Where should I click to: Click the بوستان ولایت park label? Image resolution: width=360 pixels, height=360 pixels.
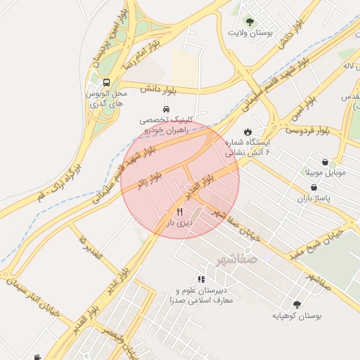pyautogui.click(x=250, y=33)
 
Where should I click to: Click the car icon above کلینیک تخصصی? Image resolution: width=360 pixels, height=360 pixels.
pyautogui.click(x=165, y=110)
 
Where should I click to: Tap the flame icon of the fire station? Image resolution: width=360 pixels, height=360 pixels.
pyautogui.click(x=247, y=131)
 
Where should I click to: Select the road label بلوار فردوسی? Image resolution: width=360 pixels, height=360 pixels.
pyautogui.click(x=308, y=130)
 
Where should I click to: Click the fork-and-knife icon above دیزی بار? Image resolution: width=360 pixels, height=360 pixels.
pyautogui.click(x=180, y=212)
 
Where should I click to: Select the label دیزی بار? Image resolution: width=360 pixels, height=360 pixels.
pyautogui.click(x=179, y=224)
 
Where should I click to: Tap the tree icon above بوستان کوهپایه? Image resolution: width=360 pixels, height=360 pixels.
pyautogui.click(x=297, y=304)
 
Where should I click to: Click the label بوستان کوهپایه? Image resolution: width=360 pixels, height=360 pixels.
pyautogui.click(x=297, y=316)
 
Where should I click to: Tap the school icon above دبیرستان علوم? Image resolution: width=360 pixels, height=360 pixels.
pyautogui.click(x=202, y=279)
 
